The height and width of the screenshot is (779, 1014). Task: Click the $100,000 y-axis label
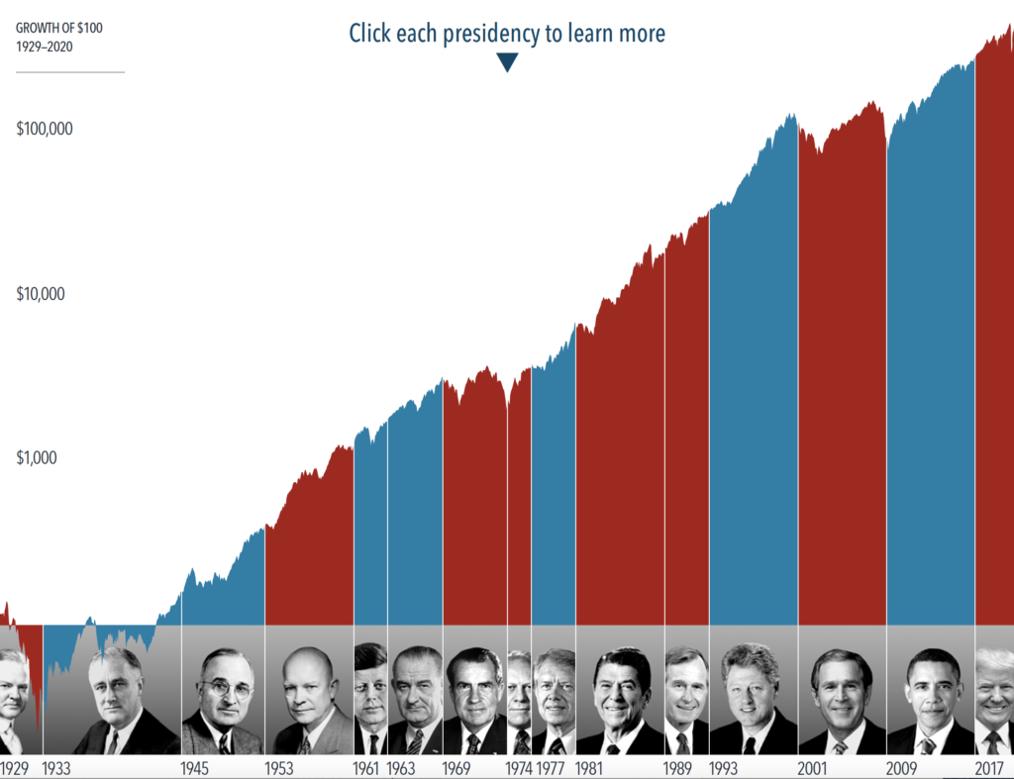tap(44, 129)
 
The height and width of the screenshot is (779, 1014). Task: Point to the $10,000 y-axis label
tap(40, 294)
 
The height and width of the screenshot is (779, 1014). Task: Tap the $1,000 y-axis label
tap(37, 457)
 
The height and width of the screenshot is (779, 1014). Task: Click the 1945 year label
tap(194, 768)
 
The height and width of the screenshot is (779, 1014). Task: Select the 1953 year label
tap(278, 768)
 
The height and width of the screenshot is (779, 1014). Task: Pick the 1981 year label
tap(588, 768)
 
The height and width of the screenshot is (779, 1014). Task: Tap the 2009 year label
tap(901, 768)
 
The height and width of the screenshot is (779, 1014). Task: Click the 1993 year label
tap(723, 768)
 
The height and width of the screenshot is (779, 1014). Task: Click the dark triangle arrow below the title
tap(507, 62)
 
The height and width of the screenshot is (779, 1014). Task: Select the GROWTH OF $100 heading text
tap(58, 28)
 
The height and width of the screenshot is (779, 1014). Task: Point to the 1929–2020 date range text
tap(44, 47)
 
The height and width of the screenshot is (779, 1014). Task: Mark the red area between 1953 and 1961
tap(309, 549)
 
